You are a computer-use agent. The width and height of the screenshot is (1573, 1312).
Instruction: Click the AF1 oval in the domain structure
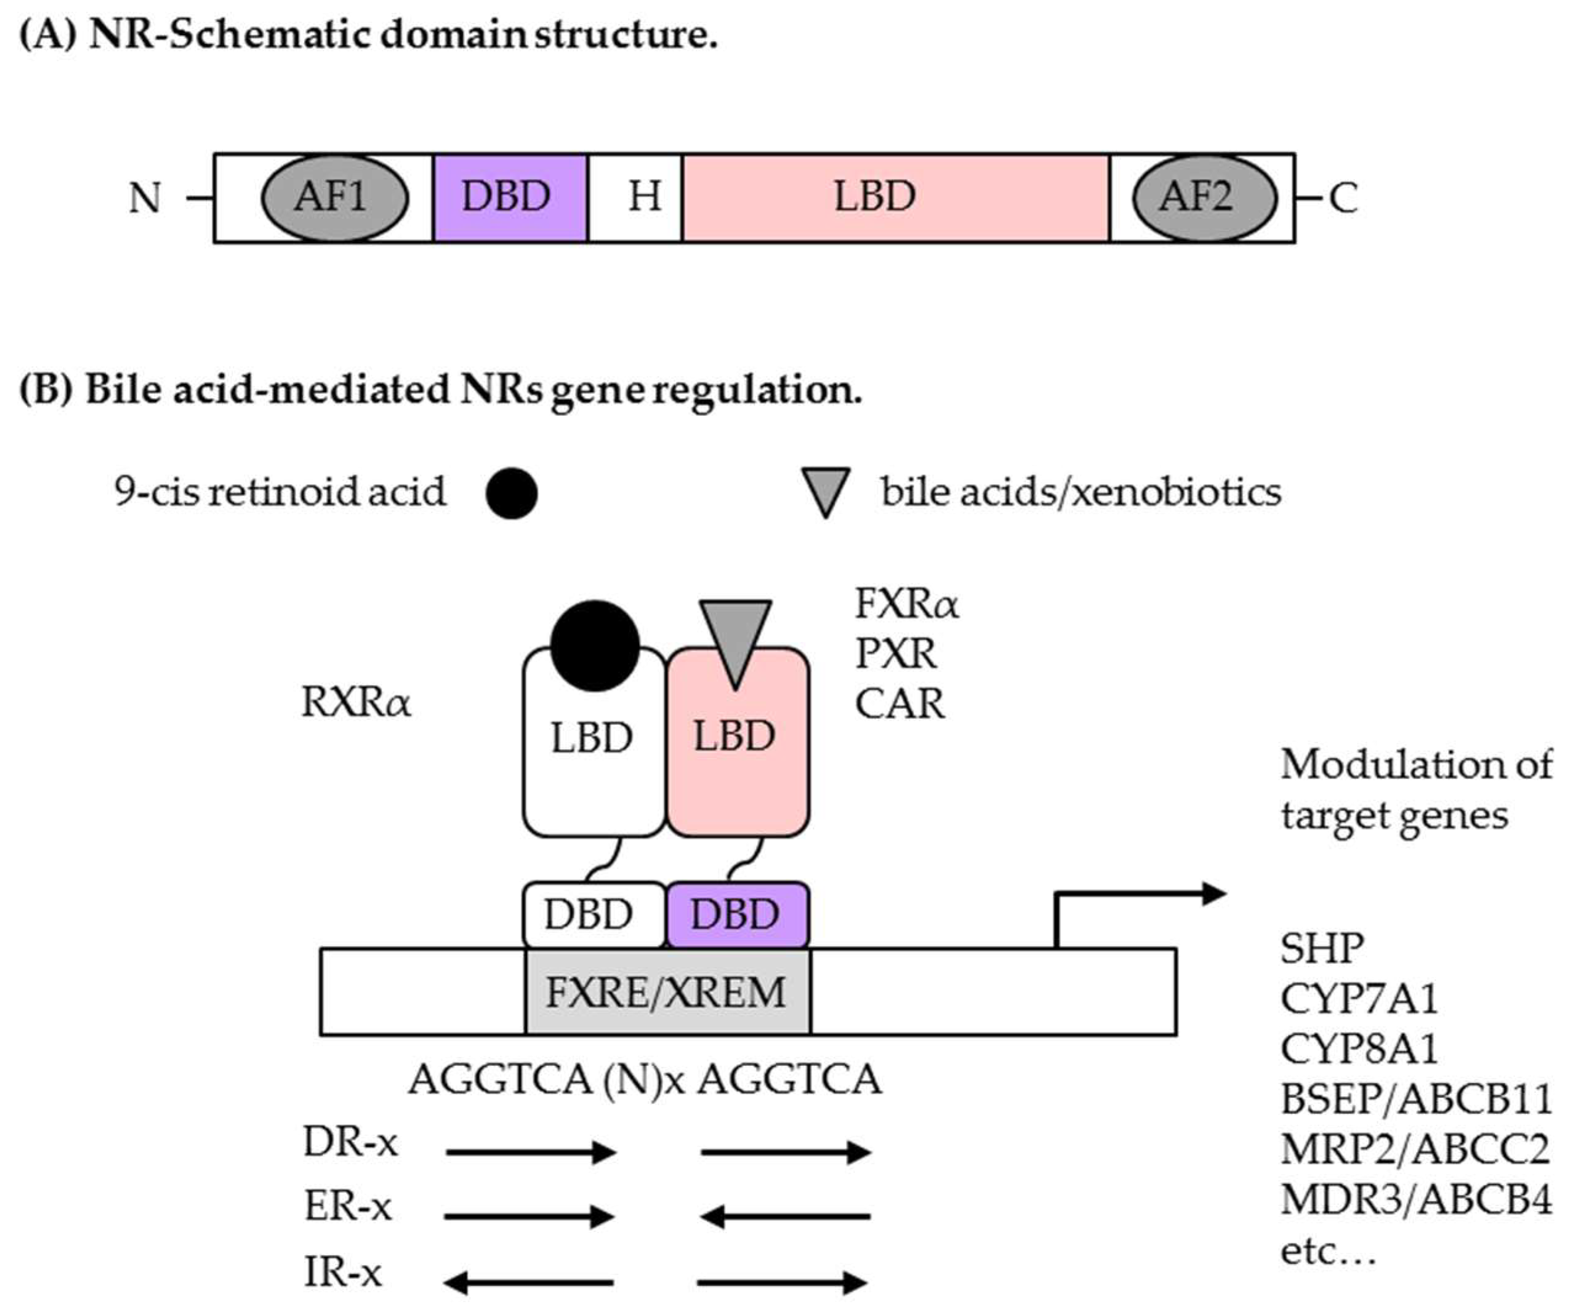[x=335, y=198]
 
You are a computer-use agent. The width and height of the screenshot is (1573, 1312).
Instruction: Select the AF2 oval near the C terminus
[x=1204, y=198]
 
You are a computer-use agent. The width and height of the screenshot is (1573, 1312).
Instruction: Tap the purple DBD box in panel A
[x=510, y=198]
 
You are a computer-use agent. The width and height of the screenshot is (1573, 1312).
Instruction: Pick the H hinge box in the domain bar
[x=636, y=198]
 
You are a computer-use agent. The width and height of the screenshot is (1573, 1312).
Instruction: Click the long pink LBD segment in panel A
[x=896, y=198]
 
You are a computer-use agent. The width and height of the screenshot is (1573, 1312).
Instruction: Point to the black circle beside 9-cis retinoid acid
[x=512, y=494]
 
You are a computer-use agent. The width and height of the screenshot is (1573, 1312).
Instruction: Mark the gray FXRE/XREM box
[x=667, y=992]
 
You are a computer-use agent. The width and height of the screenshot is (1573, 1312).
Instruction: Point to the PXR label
[x=896, y=654]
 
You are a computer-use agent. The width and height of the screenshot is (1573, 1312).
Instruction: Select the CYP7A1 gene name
[x=1359, y=998]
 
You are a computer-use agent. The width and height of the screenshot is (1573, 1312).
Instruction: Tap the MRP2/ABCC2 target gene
[x=1415, y=1149]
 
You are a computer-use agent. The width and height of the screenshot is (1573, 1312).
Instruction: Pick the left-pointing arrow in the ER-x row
[x=785, y=1217]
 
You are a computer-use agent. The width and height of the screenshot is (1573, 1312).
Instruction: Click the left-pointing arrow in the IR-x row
[x=529, y=1283]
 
